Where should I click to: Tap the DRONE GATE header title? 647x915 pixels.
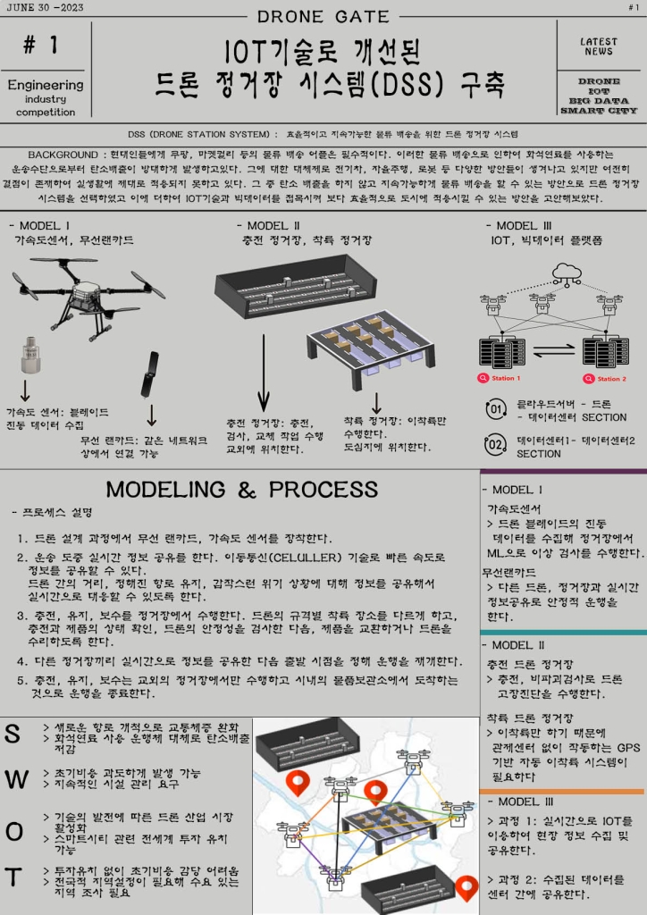[x=323, y=16]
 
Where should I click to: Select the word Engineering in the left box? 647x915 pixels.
[x=45, y=86]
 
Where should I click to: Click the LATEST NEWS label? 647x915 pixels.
[x=598, y=46]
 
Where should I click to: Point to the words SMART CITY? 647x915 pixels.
[x=598, y=111]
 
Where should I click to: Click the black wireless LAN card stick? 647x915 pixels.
[x=150, y=373]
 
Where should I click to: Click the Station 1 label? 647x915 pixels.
[x=506, y=379]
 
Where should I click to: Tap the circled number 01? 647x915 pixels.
[x=495, y=410]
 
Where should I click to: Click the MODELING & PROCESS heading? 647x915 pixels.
[x=241, y=490]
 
